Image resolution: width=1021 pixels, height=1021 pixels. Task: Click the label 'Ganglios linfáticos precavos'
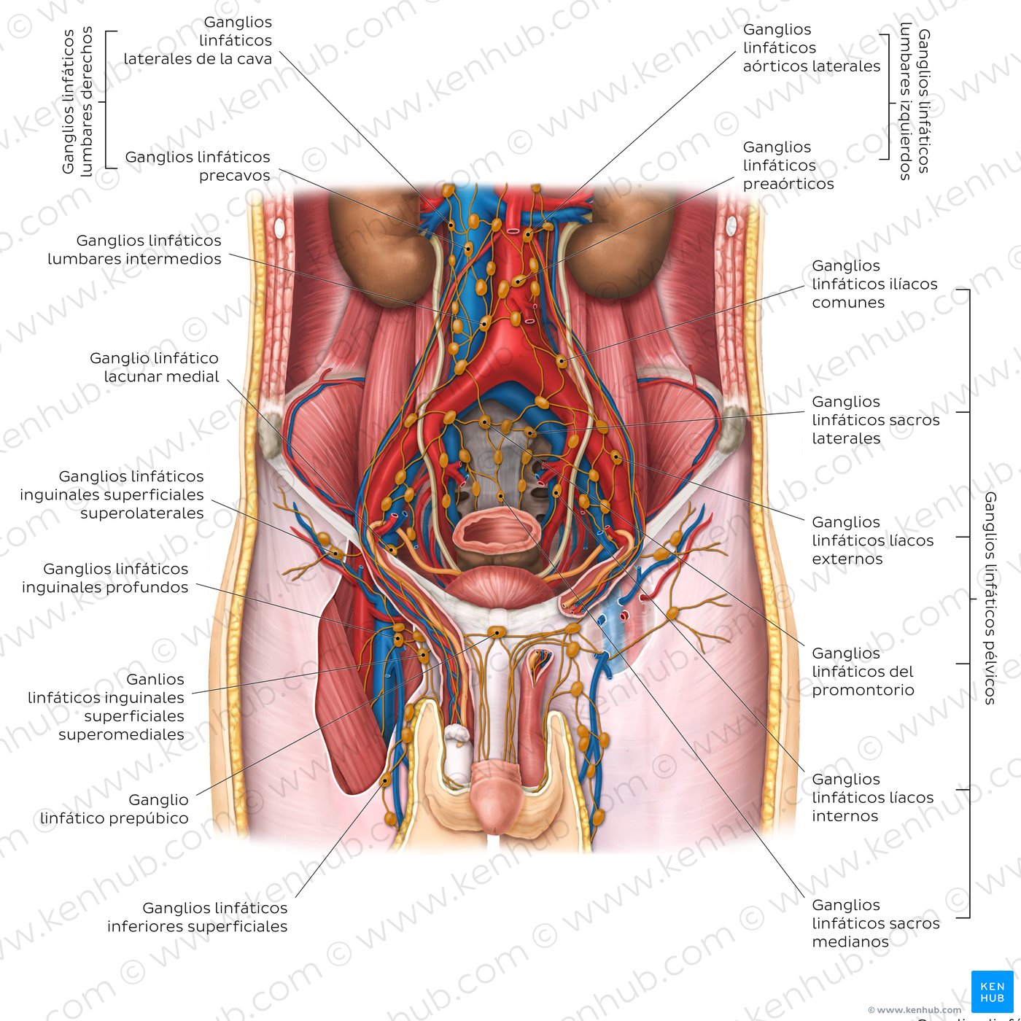point(198,166)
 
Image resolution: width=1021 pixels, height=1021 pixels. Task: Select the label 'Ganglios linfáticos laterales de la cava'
point(198,40)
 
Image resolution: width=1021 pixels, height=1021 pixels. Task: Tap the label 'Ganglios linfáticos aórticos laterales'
point(811,47)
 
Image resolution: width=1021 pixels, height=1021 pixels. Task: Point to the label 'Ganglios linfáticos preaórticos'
point(788,166)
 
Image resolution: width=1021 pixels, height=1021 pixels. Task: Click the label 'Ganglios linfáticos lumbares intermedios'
point(135,249)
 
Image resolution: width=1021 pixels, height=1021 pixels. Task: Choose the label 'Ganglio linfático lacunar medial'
point(154,367)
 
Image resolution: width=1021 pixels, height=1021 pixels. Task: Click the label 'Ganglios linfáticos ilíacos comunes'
point(874,284)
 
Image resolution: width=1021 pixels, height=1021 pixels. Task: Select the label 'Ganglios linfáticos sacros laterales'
point(875,420)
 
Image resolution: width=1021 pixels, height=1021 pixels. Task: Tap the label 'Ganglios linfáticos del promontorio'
point(863,671)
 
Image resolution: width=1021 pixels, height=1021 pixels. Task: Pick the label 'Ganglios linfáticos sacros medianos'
point(875,923)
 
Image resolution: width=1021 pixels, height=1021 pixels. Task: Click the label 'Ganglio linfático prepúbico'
point(114,809)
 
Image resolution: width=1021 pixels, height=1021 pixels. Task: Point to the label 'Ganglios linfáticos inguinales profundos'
point(105,578)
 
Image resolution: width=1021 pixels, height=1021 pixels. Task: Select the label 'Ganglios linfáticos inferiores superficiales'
point(197,917)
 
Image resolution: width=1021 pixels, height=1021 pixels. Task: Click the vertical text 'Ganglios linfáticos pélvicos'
point(990,598)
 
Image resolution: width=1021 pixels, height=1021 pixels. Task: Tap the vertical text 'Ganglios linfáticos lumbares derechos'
point(77,101)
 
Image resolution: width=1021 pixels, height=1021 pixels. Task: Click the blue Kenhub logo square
point(993,991)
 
